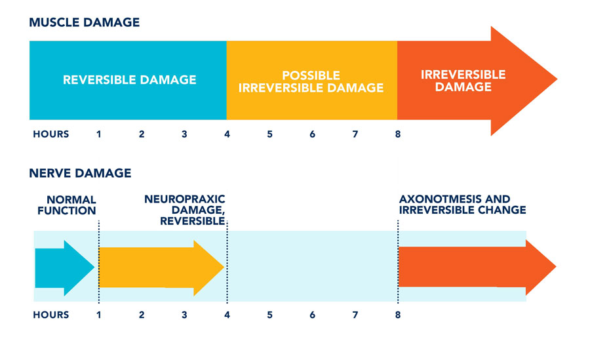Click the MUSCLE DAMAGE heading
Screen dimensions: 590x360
click(x=85, y=22)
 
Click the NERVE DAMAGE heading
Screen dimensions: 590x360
click(x=80, y=173)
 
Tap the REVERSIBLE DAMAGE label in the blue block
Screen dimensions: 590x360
click(x=129, y=80)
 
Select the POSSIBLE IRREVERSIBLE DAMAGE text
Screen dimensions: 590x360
click(x=311, y=81)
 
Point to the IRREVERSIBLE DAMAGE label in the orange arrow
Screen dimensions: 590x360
click(x=463, y=81)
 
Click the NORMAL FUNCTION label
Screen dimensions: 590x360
click(x=67, y=205)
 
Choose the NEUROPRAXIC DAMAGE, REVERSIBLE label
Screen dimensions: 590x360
click(x=185, y=210)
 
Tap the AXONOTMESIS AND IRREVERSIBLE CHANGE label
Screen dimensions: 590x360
click(x=462, y=204)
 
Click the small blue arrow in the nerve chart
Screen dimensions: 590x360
click(x=65, y=268)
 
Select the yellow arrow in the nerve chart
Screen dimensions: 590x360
click(x=161, y=268)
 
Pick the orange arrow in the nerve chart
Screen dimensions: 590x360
click(x=477, y=267)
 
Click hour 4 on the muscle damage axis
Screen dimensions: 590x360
click(x=227, y=134)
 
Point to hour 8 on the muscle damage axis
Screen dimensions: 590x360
click(x=398, y=134)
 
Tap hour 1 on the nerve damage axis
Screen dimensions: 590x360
click(x=98, y=315)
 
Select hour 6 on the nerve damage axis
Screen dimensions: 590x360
click(x=312, y=315)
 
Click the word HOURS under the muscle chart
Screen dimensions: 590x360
click(x=50, y=134)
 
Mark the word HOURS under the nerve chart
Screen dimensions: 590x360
click(x=50, y=315)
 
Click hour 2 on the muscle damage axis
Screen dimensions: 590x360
click(x=142, y=134)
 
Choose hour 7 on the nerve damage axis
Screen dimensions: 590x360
click(x=355, y=315)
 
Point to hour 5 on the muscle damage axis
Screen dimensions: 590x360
click(x=270, y=134)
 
